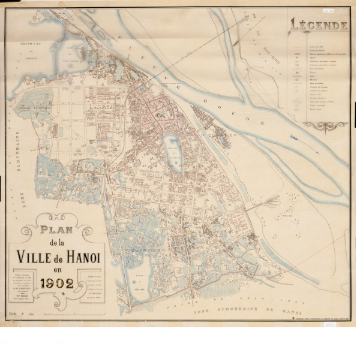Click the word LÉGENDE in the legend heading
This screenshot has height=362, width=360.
coord(319,25)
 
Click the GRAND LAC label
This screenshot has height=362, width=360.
coord(28,44)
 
